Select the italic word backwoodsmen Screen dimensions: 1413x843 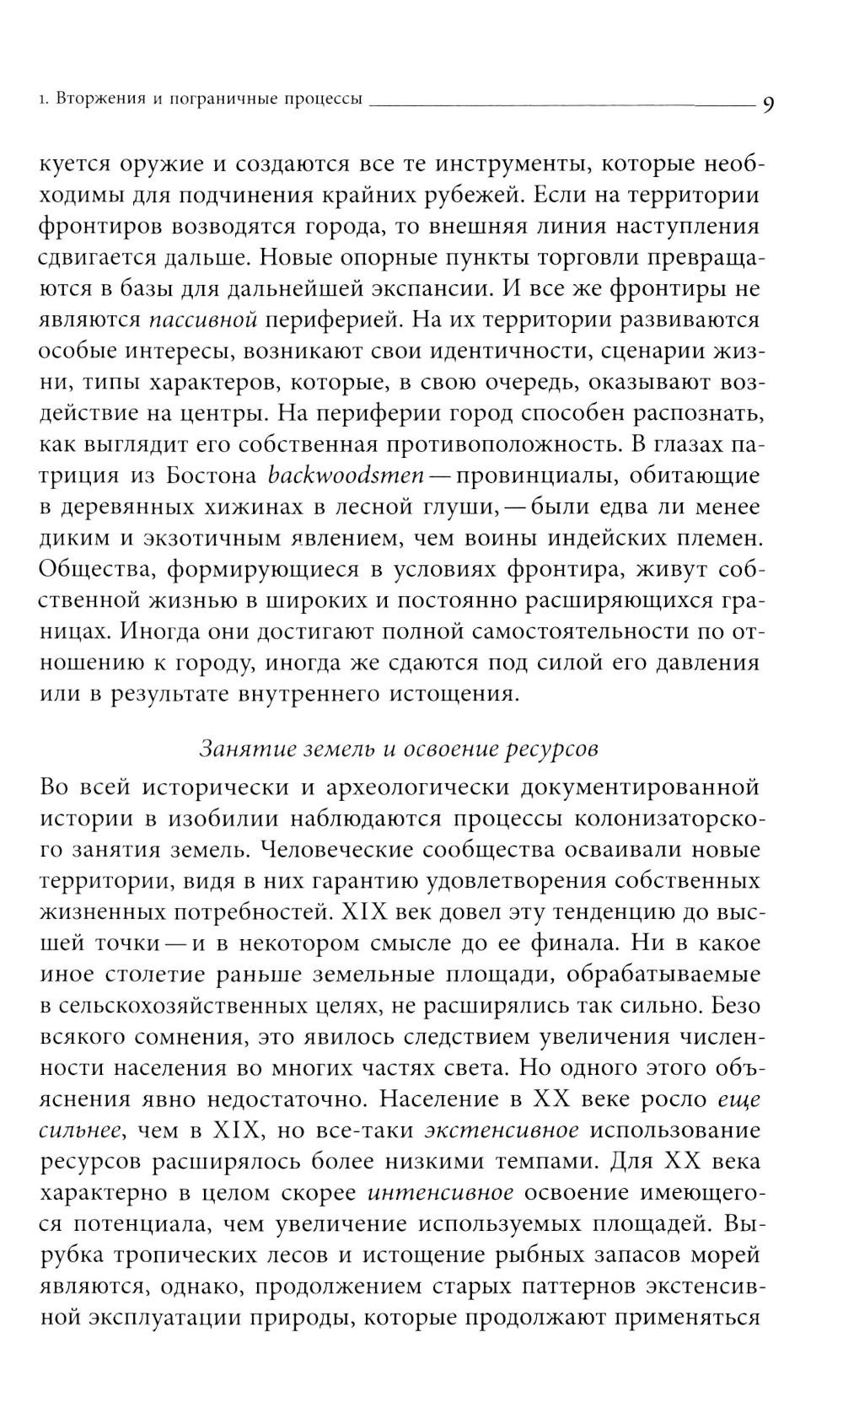tap(345, 475)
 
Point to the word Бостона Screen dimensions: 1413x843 tap(212, 475)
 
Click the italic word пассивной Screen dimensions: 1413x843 tap(201, 320)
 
